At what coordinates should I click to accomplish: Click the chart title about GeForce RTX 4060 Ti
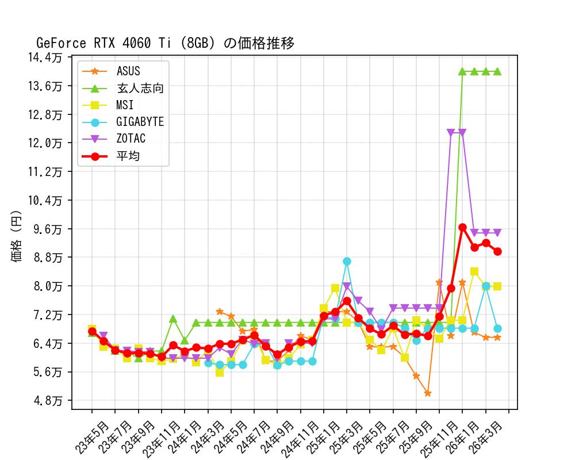(166, 43)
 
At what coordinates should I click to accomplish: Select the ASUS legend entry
(128, 71)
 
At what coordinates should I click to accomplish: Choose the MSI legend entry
(125, 105)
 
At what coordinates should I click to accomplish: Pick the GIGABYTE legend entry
(140, 122)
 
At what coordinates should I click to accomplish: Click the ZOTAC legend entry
(131, 139)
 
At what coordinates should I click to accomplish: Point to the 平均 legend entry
(128, 155)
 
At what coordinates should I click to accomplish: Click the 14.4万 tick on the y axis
(49, 57)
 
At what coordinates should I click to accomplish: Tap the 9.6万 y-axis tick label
(51, 229)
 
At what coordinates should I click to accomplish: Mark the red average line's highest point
(462, 227)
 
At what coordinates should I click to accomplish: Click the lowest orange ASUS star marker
(428, 393)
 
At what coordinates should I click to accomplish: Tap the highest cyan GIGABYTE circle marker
(347, 261)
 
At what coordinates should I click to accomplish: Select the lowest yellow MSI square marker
(220, 372)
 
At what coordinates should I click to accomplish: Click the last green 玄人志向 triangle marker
(497, 71)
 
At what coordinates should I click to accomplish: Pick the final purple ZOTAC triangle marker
(497, 232)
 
